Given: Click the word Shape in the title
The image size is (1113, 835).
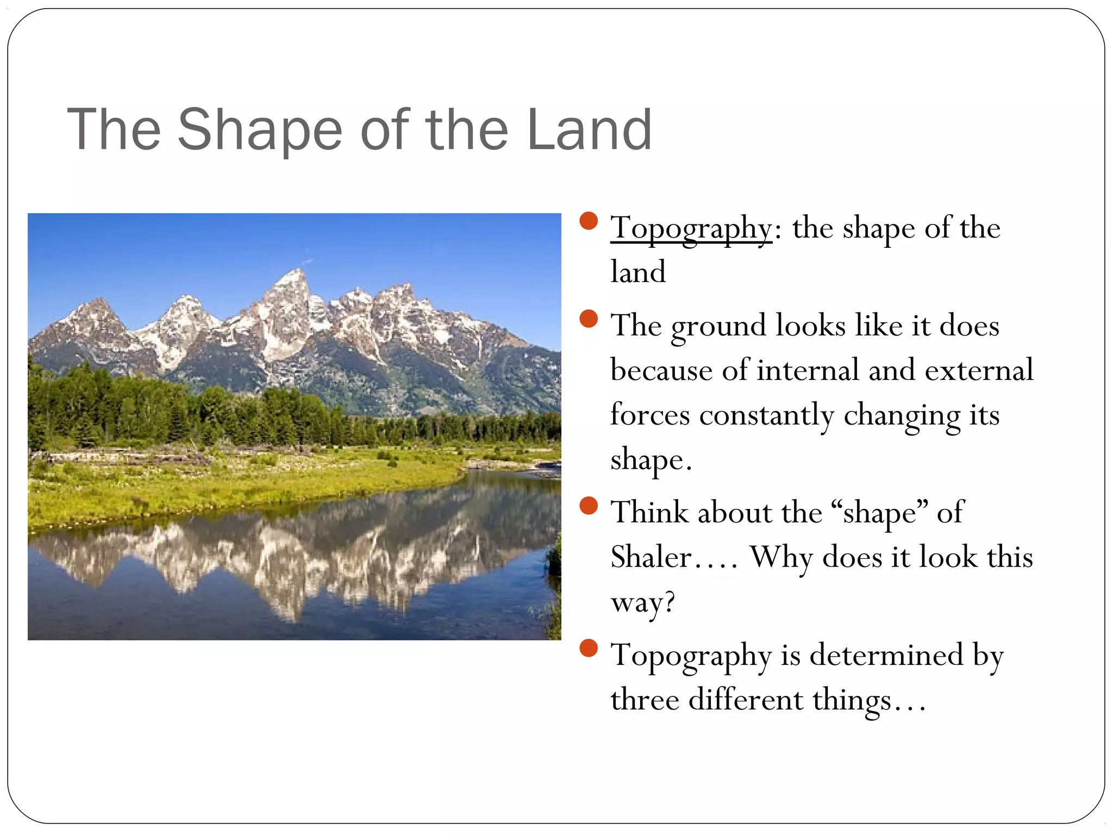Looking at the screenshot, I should (260, 130).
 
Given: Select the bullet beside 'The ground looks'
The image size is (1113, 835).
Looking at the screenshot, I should (589, 319).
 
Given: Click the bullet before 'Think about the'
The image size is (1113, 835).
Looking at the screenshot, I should (589, 506).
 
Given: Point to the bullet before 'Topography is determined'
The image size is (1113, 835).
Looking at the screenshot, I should (589, 648).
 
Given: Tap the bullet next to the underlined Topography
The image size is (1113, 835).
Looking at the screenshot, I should (589, 221).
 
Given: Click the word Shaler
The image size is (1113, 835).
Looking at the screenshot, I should (651, 558).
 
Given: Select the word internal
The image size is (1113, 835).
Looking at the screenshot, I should (808, 371).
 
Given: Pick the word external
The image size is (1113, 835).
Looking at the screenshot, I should (979, 371).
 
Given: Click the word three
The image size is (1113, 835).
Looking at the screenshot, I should (644, 700).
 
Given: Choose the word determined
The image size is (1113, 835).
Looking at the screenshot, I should (886, 655).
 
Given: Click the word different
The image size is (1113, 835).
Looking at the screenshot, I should (745, 700).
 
